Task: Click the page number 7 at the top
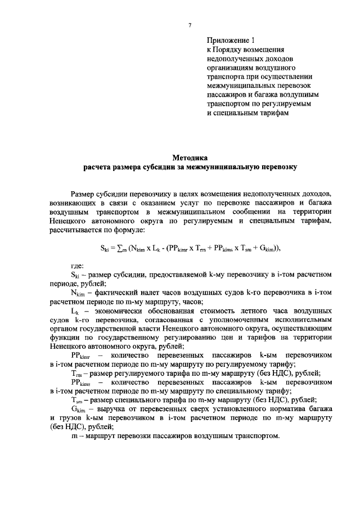click(x=190, y=25)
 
